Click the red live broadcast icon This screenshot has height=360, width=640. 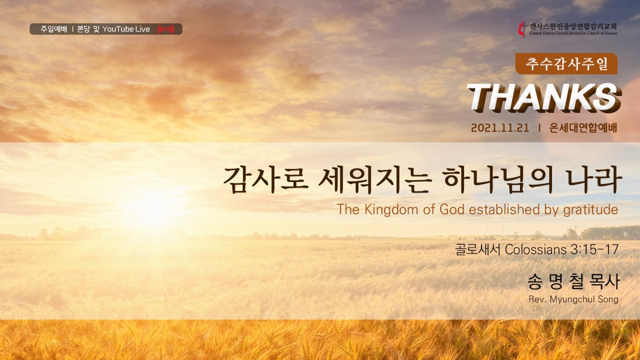(x=166, y=29)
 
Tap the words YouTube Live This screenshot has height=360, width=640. (x=126, y=29)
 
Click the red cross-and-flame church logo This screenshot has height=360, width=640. (x=523, y=29)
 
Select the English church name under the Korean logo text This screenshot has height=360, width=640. (x=573, y=33)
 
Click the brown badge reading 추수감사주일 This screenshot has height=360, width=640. (x=566, y=63)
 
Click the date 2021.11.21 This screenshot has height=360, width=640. (x=500, y=128)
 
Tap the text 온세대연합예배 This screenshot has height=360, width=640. (x=583, y=128)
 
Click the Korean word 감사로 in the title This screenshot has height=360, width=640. (x=266, y=180)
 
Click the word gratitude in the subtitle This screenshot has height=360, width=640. (x=590, y=210)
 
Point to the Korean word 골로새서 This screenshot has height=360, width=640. (x=478, y=250)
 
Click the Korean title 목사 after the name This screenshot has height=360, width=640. (x=604, y=282)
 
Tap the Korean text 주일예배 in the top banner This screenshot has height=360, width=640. (x=54, y=29)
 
